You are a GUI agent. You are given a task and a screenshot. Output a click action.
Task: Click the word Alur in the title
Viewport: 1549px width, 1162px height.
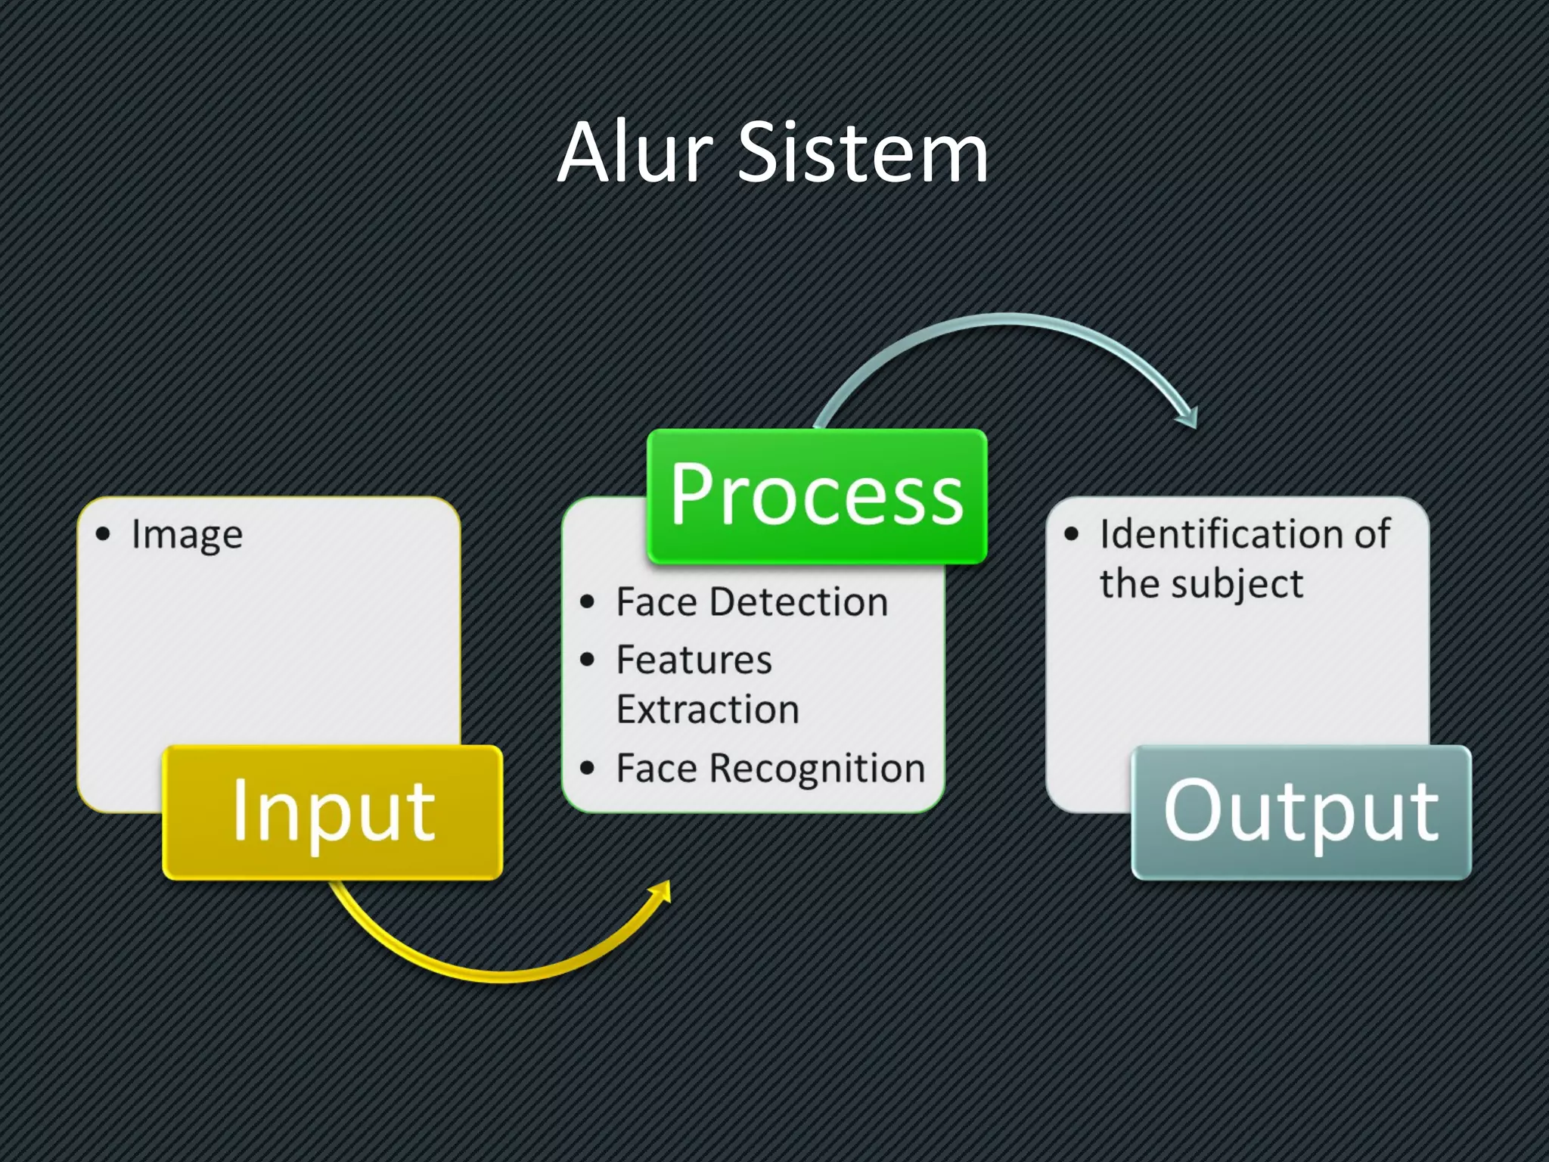(635, 153)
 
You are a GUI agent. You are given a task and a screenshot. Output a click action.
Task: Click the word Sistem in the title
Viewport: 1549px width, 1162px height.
(862, 153)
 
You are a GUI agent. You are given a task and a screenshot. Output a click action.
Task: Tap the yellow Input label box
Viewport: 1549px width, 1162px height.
(333, 812)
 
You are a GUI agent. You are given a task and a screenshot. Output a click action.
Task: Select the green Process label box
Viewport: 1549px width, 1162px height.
(817, 496)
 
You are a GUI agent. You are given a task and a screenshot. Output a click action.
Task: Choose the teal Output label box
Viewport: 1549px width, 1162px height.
(1301, 812)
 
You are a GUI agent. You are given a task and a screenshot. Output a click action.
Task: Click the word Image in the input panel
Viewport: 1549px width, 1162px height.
(187, 535)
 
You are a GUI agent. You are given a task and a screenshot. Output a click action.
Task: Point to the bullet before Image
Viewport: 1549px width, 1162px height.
(104, 534)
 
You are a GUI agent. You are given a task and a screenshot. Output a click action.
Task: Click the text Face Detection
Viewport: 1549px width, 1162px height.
(752, 603)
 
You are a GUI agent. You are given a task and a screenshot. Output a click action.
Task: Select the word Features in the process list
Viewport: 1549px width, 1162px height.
(694, 660)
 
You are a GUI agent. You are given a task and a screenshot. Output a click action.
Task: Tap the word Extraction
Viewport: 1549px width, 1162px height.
(707, 710)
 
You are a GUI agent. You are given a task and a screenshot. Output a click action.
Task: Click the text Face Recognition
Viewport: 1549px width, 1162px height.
(770, 769)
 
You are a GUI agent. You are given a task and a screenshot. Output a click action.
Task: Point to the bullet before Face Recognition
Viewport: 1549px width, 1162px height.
(588, 769)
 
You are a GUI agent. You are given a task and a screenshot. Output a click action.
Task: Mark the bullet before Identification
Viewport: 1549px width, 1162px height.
(1071, 534)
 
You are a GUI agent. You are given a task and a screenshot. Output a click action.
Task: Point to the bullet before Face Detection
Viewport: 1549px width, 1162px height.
(588, 602)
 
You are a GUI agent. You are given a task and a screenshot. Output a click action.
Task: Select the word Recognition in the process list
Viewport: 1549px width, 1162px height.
(817, 769)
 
